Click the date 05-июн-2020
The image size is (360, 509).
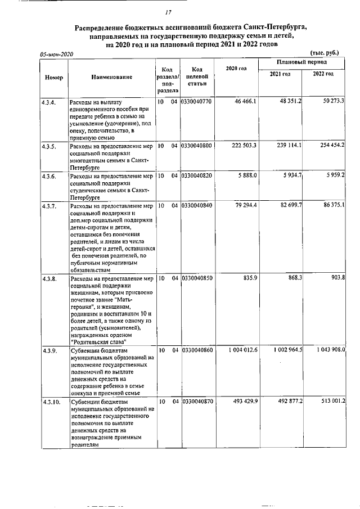57,53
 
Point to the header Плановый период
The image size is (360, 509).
302,61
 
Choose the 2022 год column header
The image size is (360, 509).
323,74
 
